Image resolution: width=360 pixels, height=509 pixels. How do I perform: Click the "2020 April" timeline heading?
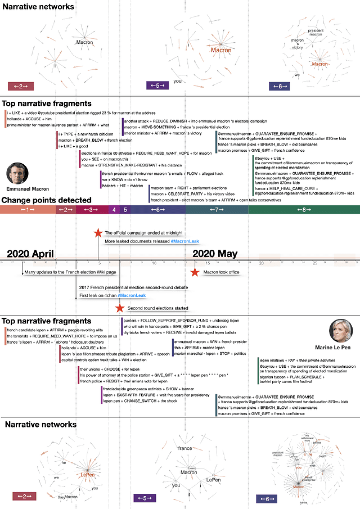[30, 254]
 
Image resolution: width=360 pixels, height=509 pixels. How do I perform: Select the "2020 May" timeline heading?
[215, 254]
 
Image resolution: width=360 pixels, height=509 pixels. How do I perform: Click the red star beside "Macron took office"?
[194, 273]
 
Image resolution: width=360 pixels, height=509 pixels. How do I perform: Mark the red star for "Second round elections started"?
[119, 308]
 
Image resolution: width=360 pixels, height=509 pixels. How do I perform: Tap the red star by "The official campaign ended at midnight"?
[98, 233]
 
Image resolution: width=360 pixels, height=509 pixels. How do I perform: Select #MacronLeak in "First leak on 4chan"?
[132, 295]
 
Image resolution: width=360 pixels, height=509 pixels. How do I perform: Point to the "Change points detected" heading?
[46, 200]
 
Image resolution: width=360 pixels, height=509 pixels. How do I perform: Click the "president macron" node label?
[316, 32]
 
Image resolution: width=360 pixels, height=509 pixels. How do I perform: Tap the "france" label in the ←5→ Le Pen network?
[185, 448]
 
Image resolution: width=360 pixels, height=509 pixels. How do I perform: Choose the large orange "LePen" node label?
[87, 475]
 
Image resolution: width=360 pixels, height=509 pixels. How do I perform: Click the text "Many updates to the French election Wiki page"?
[70, 272]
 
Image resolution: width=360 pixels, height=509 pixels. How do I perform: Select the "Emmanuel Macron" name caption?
[28, 189]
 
